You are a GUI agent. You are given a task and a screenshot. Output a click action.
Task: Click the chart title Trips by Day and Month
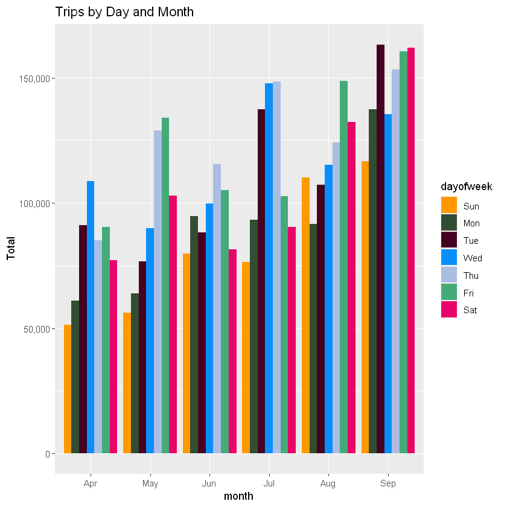coord(124,11)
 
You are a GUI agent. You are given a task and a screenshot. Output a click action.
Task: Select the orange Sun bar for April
coord(68,389)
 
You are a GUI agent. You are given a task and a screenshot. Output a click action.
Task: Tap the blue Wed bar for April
coord(91,317)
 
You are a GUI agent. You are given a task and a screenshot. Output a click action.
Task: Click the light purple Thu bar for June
coord(217,308)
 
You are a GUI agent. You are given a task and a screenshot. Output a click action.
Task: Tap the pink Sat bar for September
coord(411,250)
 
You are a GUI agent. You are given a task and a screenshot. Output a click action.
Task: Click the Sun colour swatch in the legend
coord(449,206)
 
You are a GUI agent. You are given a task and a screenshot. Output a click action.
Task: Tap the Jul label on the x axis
coord(269,483)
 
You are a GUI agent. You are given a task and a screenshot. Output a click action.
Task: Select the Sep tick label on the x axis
coord(388,483)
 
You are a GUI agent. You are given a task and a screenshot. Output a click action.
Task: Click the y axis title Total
coord(10,247)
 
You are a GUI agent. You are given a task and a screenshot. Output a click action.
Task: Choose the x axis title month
coord(238,497)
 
